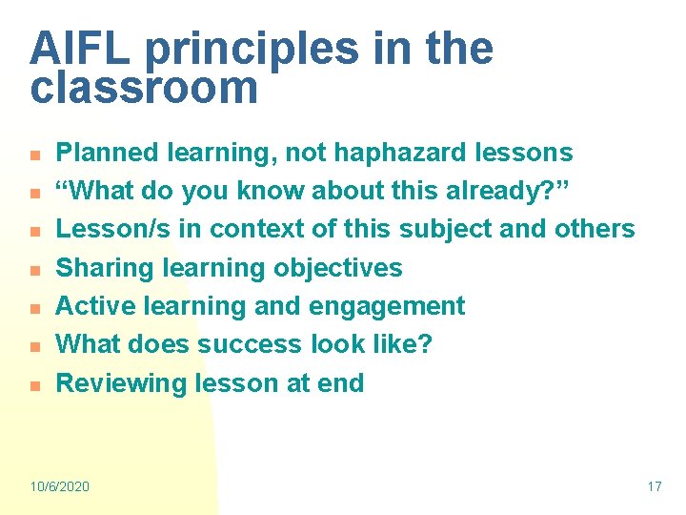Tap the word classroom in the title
coord(144,88)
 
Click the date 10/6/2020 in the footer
coord(59,486)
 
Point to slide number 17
coord(654,486)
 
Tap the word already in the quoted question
coord(496,191)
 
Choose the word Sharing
coord(105,268)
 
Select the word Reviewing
coord(122,383)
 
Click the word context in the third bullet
coord(259,229)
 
